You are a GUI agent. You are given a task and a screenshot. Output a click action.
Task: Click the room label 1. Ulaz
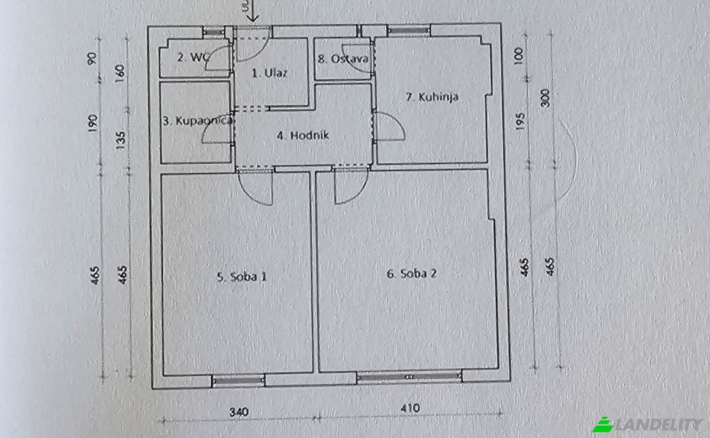click(x=269, y=74)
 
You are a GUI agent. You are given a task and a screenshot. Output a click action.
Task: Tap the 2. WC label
click(x=191, y=57)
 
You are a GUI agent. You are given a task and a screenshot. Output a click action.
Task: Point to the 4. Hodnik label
click(x=302, y=135)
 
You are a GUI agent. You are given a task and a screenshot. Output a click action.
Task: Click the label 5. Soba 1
click(x=241, y=276)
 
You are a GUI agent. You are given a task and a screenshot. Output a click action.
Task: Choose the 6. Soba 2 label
click(x=412, y=274)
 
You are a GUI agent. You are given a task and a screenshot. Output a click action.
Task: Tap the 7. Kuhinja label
click(x=433, y=98)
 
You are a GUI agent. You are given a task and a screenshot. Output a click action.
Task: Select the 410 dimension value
click(x=409, y=408)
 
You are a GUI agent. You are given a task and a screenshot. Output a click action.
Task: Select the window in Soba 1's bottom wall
click(x=238, y=380)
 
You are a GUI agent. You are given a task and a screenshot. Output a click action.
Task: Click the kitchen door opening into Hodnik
click(x=388, y=127)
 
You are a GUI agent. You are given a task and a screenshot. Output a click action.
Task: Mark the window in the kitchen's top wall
click(x=409, y=30)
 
